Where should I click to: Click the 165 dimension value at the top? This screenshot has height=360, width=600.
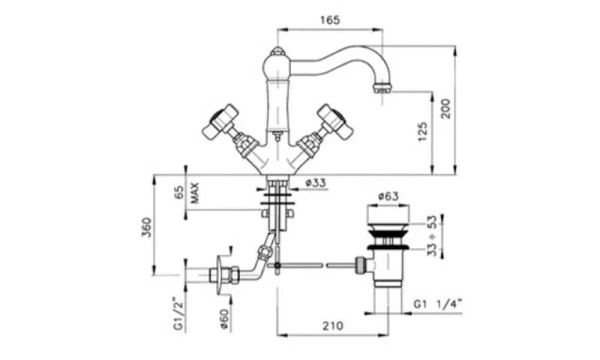(330, 20)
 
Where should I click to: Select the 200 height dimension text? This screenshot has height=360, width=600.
(446, 109)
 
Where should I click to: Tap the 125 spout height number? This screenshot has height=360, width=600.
(422, 132)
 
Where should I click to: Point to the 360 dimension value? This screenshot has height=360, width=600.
(147, 227)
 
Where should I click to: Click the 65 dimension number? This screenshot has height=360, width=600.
(179, 192)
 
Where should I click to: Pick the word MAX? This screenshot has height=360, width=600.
(194, 193)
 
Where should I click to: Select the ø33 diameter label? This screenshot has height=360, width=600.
(316, 183)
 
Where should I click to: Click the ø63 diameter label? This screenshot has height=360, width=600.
(388, 196)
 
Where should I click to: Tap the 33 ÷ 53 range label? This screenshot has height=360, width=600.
(431, 236)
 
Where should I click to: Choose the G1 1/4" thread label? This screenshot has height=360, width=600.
(438, 304)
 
